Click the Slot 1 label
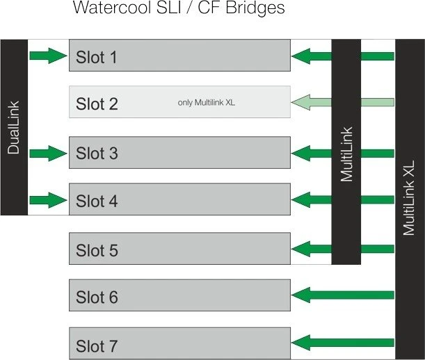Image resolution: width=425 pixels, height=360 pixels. pyautogui.click(x=97, y=57)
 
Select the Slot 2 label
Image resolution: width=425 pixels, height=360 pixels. pyautogui.click(x=97, y=104)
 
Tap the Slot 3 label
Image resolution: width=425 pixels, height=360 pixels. pyautogui.click(x=97, y=154)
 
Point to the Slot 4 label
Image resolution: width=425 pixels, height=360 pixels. pyautogui.click(x=97, y=201)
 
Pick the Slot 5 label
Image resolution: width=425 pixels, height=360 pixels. pyautogui.click(x=97, y=250)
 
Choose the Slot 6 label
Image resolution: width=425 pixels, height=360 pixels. pyautogui.click(x=97, y=297)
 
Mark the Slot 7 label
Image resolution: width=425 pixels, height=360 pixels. pyautogui.click(x=97, y=346)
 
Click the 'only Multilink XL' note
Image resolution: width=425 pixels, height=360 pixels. pyautogui.click(x=207, y=103)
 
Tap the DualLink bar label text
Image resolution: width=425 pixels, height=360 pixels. pyautogui.click(x=13, y=128)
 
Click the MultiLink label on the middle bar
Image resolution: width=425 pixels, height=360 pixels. pyautogui.click(x=346, y=154)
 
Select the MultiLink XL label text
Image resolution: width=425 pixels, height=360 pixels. pyautogui.click(x=409, y=198)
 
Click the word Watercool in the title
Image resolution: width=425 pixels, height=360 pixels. pyautogui.click(x=112, y=8)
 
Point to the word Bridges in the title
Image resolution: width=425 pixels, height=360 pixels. pyautogui.click(x=255, y=8)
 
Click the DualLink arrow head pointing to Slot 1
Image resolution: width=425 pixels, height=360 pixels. pyautogui.click(x=58, y=56)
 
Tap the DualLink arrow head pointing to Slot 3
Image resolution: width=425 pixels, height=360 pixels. pyautogui.click(x=58, y=154)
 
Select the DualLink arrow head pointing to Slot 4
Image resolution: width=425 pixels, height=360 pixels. pyautogui.click(x=58, y=200)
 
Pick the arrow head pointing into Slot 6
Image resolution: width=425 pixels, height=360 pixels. pyautogui.click(x=300, y=295)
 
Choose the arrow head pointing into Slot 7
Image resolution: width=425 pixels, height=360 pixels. pyautogui.click(x=300, y=343)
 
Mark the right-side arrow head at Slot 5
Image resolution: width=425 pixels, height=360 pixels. pyautogui.click(x=300, y=249)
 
